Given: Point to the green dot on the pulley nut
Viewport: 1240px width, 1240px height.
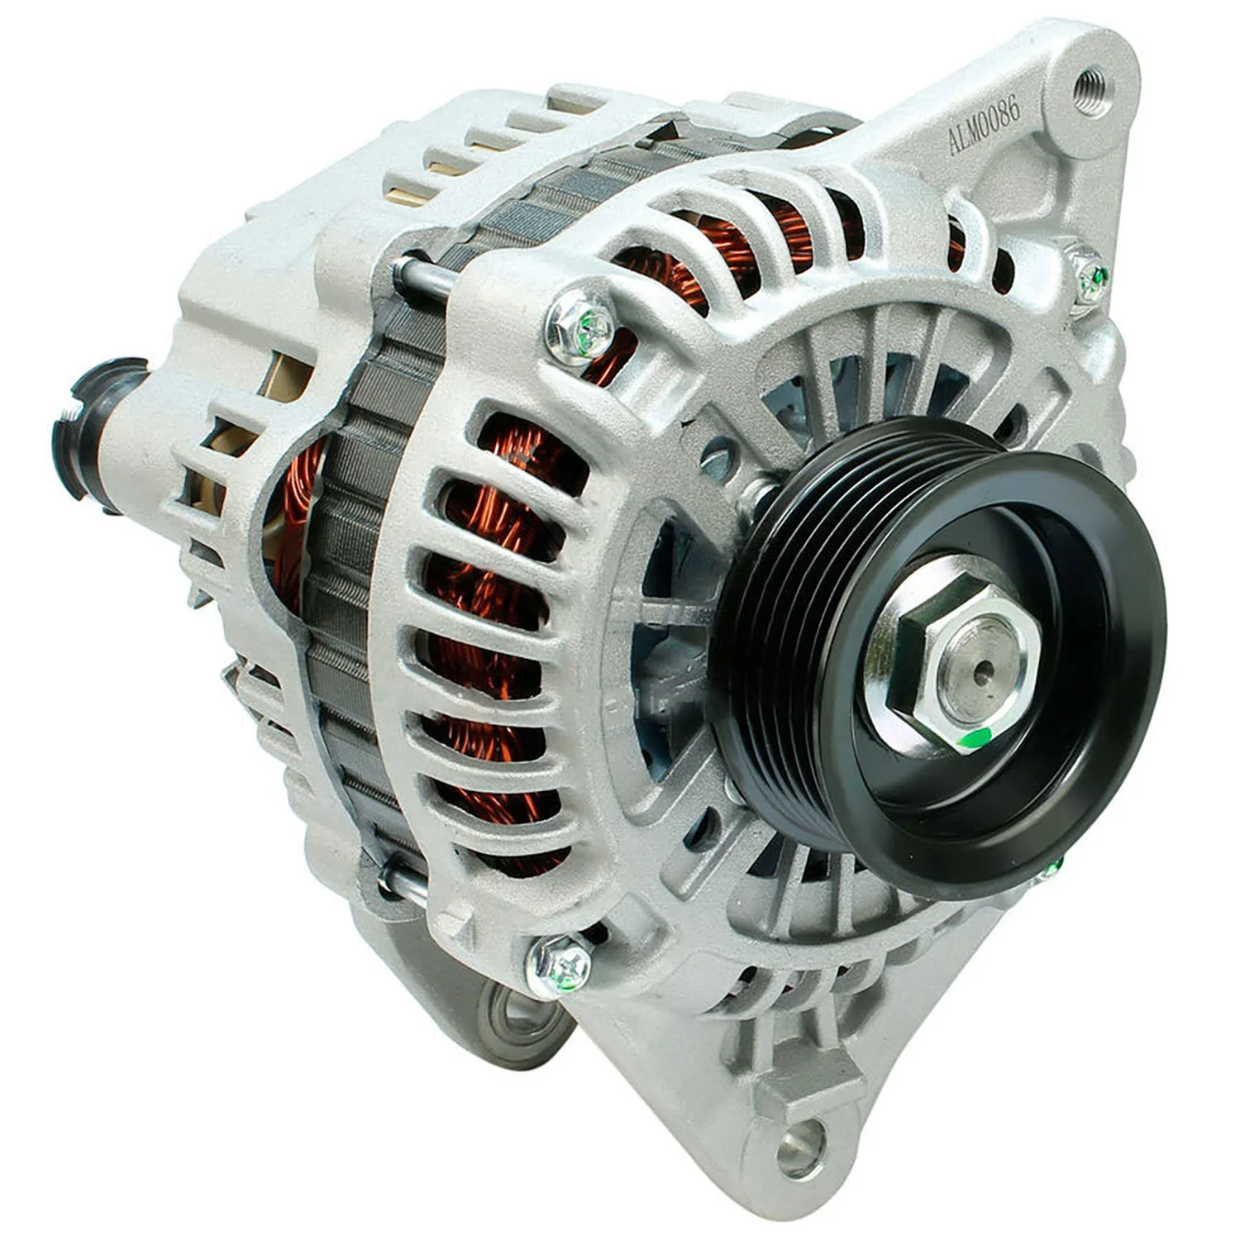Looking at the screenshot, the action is click(978, 737).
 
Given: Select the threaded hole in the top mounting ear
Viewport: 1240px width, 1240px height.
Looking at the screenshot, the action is click(1087, 84).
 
